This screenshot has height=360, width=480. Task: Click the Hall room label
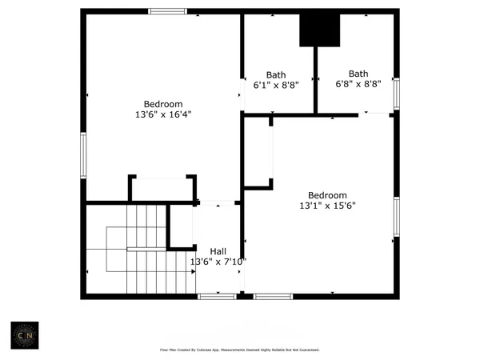pyautogui.click(x=218, y=250)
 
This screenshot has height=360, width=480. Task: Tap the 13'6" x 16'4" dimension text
pyautogui.click(x=163, y=114)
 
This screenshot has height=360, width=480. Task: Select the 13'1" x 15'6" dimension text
pyautogui.click(x=328, y=206)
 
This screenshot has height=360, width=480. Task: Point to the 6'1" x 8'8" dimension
pyautogui.click(x=275, y=84)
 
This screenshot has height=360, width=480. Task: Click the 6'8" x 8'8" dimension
pyautogui.click(x=358, y=83)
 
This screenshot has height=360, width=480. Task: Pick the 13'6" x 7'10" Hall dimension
pyautogui.click(x=218, y=262)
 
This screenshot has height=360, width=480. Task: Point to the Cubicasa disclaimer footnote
pyautogui.click(x=240, y=350)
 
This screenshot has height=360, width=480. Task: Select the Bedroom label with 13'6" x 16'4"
pyautogui.click(x=163, y=104)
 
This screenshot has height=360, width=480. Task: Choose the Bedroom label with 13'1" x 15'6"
pyautogui.click(x=328, y=195)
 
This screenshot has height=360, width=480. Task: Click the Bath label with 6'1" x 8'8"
pyautogui.click(x=275, y=74)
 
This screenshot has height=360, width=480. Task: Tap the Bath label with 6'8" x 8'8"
pyautogui.click(x=358, y=73)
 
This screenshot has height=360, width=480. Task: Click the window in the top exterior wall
pyautogui.click(x=167, y=11)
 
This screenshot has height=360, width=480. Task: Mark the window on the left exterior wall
pyautogui.click(x=83, y=155)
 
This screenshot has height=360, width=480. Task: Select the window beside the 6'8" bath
pyautogui.click(x=395, y=93)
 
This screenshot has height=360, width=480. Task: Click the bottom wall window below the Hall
pyautogui.click(x=217, y=297)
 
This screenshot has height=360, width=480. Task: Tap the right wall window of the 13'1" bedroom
pyautogui.click(x=395, y=216)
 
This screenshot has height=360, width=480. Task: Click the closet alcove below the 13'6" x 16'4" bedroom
pyautogui.click(x=162, y=189)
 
